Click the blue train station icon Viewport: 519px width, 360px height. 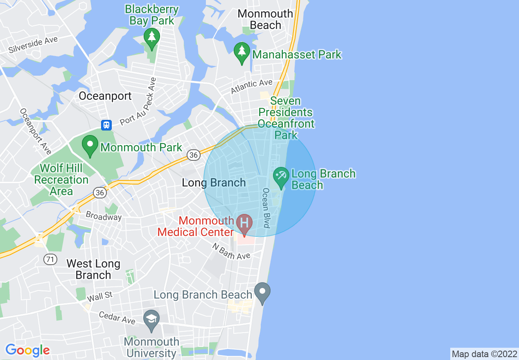106,124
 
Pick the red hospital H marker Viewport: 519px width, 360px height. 244,224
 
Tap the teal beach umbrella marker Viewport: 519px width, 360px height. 281,177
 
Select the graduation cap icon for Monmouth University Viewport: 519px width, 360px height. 151,319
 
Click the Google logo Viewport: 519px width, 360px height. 27,350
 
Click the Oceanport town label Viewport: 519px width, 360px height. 105,96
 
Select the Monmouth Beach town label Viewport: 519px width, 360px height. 265,19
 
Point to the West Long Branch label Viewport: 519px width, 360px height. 93,269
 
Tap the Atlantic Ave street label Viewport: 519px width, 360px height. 252,86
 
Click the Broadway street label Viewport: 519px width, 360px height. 104,216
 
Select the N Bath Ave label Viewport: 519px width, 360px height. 231,251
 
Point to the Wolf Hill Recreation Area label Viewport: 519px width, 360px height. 61,180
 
